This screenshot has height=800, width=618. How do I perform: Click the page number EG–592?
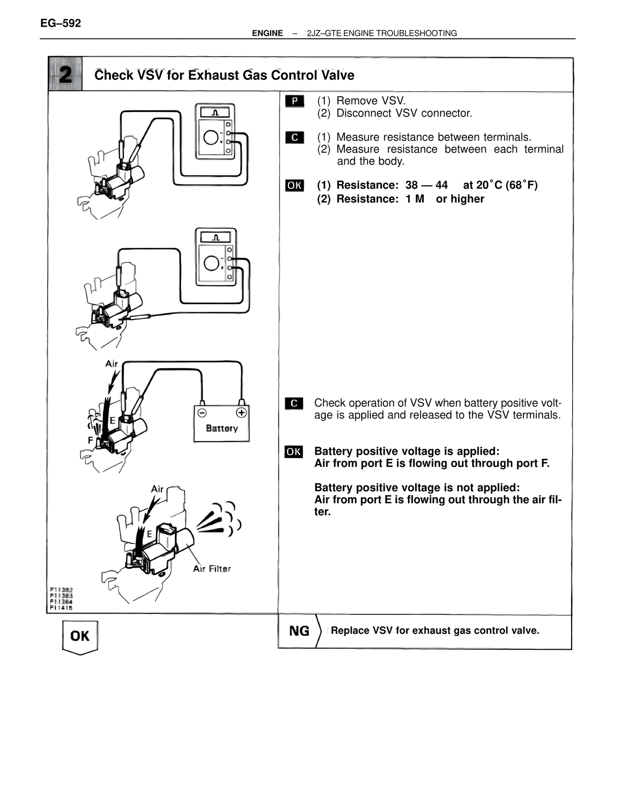[61, 23]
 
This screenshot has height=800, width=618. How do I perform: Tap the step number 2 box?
[65, 74]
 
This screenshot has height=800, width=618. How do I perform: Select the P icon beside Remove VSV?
[295, 101]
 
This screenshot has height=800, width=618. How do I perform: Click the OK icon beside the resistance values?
[295, 186]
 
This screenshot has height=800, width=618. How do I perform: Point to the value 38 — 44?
[426, 186]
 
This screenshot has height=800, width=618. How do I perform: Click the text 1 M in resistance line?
[415, 199]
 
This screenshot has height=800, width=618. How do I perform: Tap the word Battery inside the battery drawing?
[222, 429]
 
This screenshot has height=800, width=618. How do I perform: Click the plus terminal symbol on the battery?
[241, 413]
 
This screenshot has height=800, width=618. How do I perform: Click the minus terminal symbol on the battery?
[202, 413]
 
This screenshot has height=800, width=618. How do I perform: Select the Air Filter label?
[212, 569]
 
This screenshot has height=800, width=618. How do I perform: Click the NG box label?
[299, 631]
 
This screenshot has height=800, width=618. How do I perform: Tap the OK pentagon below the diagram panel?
[80, 636]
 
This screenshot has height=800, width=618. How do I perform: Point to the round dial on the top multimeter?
[211, 138]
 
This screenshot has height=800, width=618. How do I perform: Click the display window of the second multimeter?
[215, 237]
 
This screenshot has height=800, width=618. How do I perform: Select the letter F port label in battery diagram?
[90, 440]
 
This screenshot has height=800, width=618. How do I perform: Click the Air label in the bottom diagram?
[157, 489]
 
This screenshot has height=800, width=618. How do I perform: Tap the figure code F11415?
[61, 608]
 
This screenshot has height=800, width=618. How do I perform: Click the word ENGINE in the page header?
[267, 33]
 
